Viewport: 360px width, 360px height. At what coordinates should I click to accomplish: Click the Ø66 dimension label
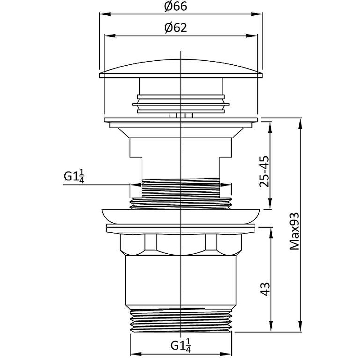pos(175,7)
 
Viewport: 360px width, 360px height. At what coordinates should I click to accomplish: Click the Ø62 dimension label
pos(175,28)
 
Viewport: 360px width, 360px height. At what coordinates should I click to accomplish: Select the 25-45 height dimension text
pos(265,171)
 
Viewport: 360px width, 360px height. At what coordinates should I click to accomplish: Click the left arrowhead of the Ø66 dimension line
pos(102,15)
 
